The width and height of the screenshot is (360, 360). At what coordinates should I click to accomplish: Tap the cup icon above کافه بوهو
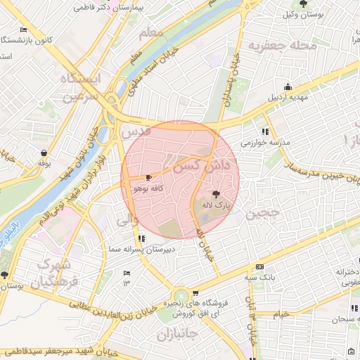pyautogui.click(x=148, y=178)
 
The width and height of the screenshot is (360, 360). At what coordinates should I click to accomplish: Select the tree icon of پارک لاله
pyautogui.click(x=215, y=193)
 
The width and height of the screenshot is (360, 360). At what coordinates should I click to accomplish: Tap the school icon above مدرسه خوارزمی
pyautogui.click(x=264, y=131)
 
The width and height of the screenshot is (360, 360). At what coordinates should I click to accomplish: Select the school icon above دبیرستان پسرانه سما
pyautogui.click(x=143, y=238)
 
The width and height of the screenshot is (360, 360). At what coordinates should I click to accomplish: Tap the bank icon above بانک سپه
pyautogui.click(x=260, y=267)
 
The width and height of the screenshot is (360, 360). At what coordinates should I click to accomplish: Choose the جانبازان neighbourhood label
pyautogui.click(x=179, y=333)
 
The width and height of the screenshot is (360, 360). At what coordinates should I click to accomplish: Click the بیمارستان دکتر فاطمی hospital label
pyautogui.click(x=101, y=7)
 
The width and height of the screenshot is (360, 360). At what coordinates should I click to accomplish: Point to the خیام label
pyautogui.click(x=281, y=314)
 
